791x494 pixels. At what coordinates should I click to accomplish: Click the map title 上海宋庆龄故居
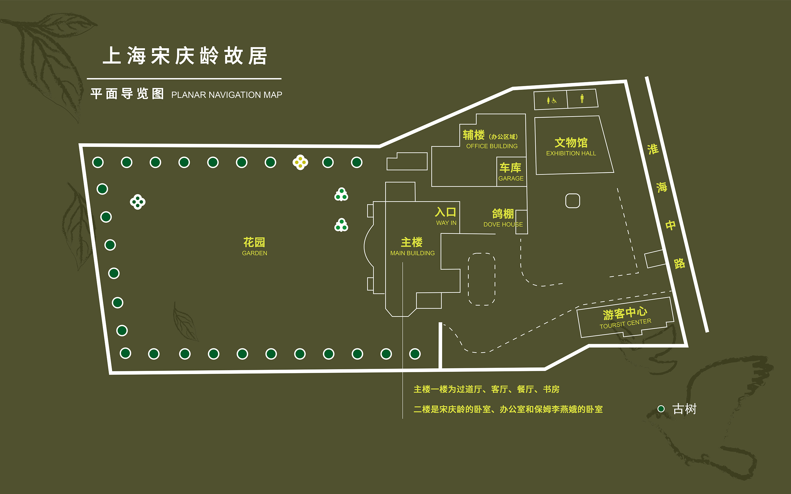click(x=185, y=56)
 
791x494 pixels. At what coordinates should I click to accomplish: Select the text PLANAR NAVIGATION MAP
click(x=227, y=95)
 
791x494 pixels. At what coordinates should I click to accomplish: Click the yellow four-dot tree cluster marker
click(x=300, y=162)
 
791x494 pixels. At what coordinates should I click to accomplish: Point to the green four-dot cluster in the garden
click(x=138, y=202)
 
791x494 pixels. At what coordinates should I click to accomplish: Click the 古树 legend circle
click(x=661, y=409)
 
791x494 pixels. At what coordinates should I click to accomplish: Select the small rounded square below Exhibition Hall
click(x=573, y=201)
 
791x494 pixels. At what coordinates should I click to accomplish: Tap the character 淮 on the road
click(x=653, y=149)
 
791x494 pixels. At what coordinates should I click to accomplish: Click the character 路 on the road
click(x=679, y=263)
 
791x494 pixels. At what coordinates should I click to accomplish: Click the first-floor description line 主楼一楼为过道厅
click(x=486, y=389)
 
